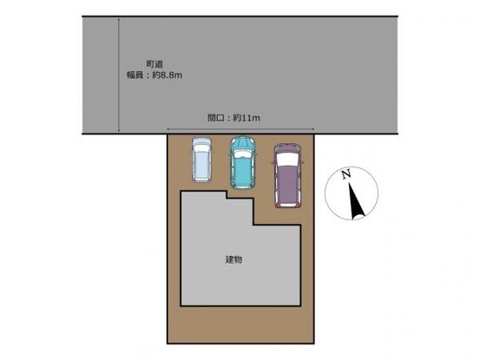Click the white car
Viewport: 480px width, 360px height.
point(201,160)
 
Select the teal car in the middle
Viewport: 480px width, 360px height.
point(242,162)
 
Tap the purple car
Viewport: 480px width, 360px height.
point(287,176)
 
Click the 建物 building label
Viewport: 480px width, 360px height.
point(233,259)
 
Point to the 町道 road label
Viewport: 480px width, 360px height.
point(155,64)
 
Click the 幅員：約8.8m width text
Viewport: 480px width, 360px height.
point(155,75)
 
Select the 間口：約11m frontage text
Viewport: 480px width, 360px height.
point(233,118)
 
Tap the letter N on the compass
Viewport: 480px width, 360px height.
point(346,174)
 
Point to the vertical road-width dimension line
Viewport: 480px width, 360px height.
point(118,75)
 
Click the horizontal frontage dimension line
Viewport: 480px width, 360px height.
point(240,129)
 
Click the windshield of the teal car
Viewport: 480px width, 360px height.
point(242,154)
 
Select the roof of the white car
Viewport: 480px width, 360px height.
point(201,165)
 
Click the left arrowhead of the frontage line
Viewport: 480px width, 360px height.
point(168,129)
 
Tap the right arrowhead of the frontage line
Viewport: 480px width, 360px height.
point(313,129)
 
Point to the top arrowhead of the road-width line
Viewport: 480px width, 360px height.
point(118,19)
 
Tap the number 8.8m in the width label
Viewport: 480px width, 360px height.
point(171,75)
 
